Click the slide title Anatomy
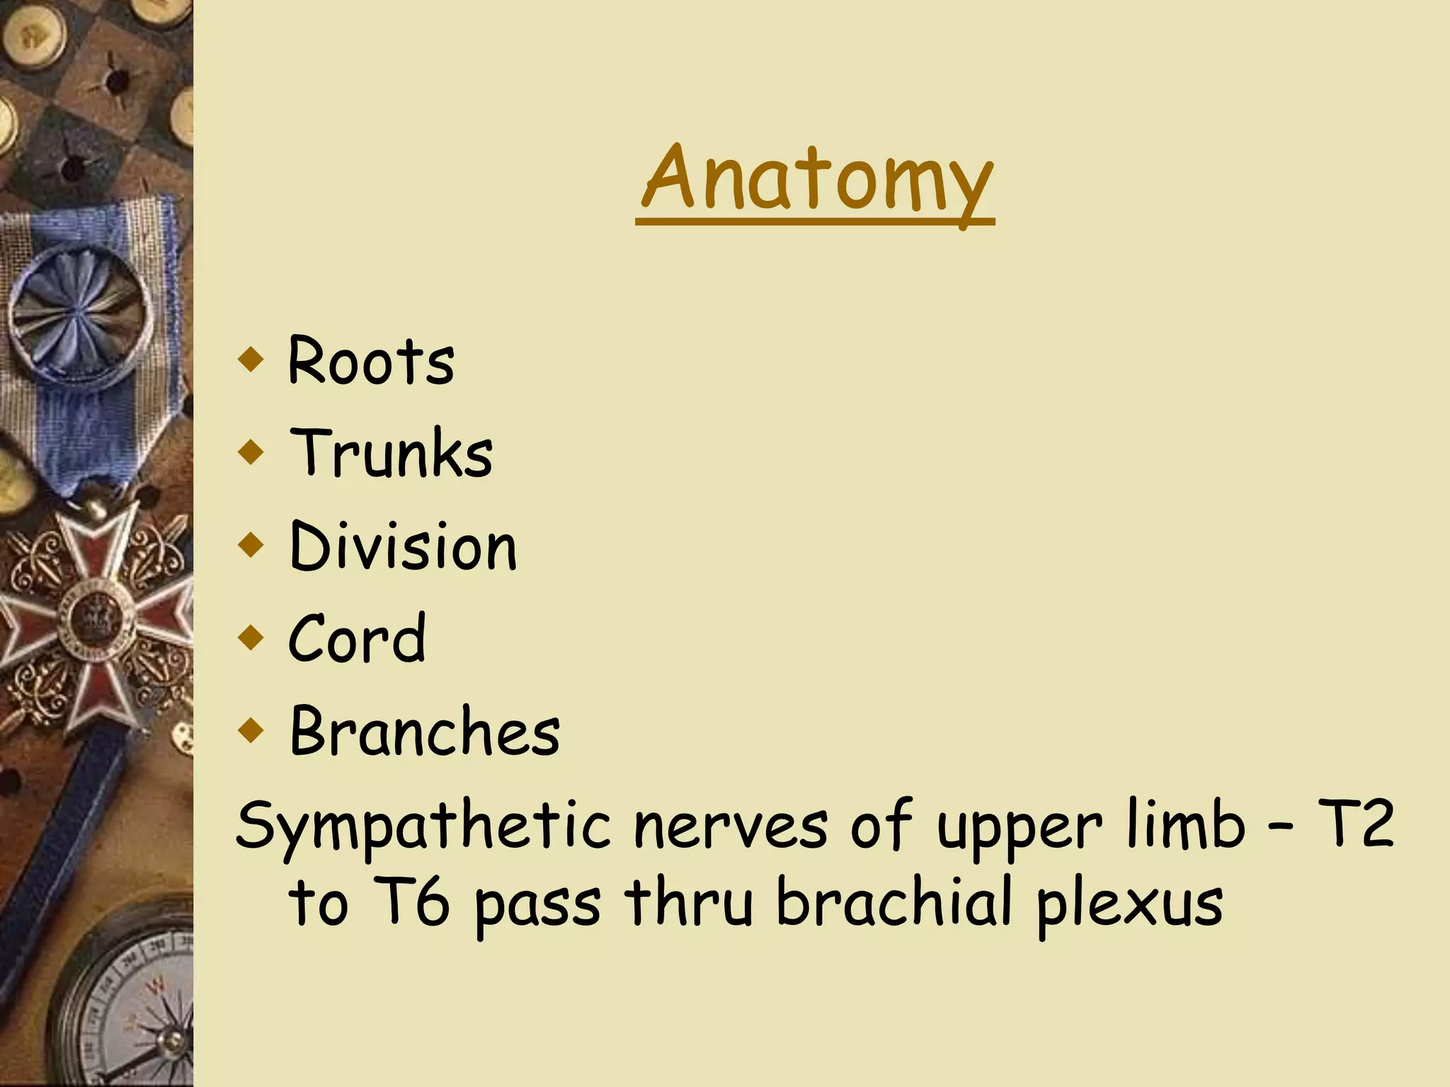click(816, 178)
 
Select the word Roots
click(371, 361)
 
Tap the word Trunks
click(391, 453)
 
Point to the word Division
click(404, 546)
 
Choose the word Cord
click(357, 638)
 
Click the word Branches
click(425, 731)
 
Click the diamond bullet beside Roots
click(251, 359)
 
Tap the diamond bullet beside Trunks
click(251, 452)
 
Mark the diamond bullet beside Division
click(251, 544)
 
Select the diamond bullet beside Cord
click(251, 637)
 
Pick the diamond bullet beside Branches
click(251, 730)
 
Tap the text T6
click(410, 902)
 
